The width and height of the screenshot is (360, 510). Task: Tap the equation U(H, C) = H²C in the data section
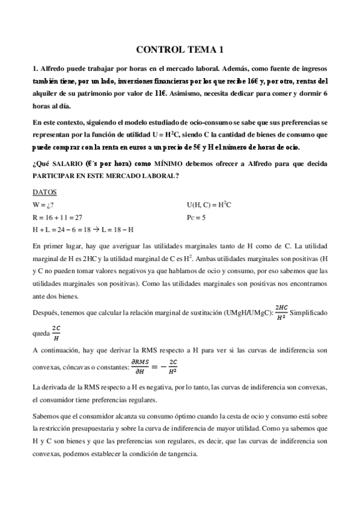(209, 205)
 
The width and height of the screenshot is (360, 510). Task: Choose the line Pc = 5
(197, 217)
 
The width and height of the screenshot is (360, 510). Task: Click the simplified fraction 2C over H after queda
(56, 332)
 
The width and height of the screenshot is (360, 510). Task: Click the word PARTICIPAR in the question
(53, 176)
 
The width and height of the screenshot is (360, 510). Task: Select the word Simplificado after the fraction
(310, 313)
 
